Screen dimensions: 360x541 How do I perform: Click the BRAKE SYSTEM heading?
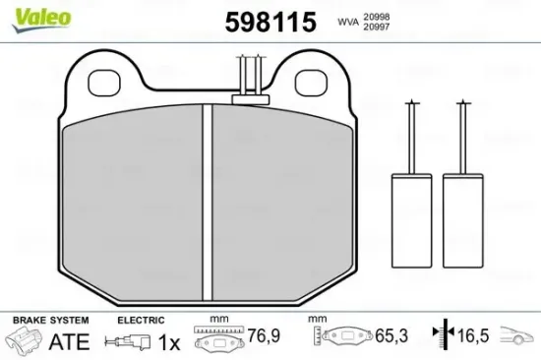point(49,321)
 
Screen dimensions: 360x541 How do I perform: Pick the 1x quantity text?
point(168,342)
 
